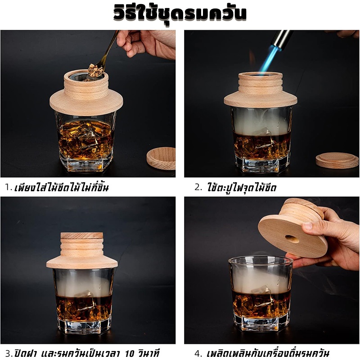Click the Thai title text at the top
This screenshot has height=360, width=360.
tap(180, 13)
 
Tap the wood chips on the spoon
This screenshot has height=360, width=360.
tap(95, 71)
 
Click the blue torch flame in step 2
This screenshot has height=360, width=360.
tap(267, 60)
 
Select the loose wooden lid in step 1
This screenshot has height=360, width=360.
tap(161, 158)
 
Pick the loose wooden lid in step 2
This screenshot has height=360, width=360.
tap(337, 161)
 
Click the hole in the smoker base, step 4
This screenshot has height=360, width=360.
tap(292, 239)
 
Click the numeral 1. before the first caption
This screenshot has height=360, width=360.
tap(8, 188)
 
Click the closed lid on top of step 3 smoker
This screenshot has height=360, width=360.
tap(82, 235)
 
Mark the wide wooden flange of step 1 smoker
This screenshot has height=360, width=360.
tap(86, 104)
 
